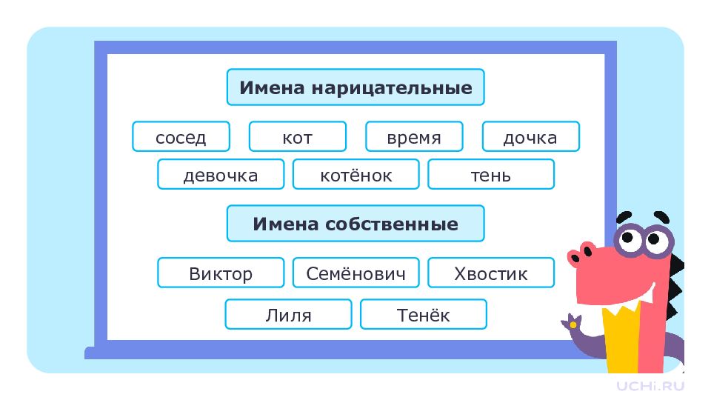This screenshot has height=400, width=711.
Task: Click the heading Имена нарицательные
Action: pyautogui.click(x=355, y=87)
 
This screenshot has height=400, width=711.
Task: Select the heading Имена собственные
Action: pyautogui.click(x=355, y=224)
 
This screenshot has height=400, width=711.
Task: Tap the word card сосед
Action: pyautogui.click(x=181, y=136)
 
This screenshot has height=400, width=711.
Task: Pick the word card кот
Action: pyautogui.click(x=298, y=136)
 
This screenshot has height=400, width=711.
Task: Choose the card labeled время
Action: pyautogui.click(x=414, y=136)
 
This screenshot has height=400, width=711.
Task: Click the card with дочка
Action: pyautogui.click(x=530, y=136)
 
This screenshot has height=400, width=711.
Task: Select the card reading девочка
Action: pyautogui.click(x=221, y=174)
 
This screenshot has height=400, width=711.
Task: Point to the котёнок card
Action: pyautogui.click(x=356, y=174)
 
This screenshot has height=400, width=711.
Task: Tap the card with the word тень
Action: pyautogui.click(x=491, y=174)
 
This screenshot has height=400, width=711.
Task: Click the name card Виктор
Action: pyautogui.click(x=221, y=273)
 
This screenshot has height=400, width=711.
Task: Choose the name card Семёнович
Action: pyautogui.click(x=356, y=273)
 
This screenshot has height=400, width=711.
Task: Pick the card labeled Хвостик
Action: pyautogui.click(x=491, y=273)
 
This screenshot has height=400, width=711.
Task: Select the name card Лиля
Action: pyautogui.click(x=288, y=314)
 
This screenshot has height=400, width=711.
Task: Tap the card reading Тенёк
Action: pyautogui.click(x=424, y=314)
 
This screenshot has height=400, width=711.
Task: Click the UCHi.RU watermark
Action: pyautogui.click(x=650, y=386)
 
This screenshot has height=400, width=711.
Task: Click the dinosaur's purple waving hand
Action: pyautogui.click(x=573, y=323)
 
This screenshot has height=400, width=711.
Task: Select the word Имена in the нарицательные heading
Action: pyautogui.click(x=272, y=87)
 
